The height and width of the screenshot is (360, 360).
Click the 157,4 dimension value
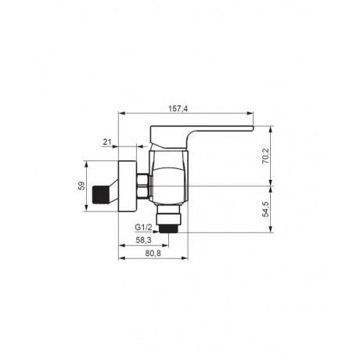pyautogui.click(x=178, y=108)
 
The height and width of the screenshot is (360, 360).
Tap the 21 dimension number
pyautogui.click(x=107, y=142)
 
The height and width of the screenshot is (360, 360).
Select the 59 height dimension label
pyautogui.click(x=82, y=185)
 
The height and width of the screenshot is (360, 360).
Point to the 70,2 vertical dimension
pyautogui.click(x=265, y=156)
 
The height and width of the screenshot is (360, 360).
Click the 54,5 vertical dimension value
pyautogui.click(x=265, y=209)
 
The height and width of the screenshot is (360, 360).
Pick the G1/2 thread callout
pyautogui.click(x=143, y=227)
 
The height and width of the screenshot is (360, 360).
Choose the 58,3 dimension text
pyautogui.click(x=143, y=240)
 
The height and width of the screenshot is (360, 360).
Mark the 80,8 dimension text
pyautogui.click(x=153, y=253)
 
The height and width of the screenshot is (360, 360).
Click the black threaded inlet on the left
pyautogui.click(x=99, y=193)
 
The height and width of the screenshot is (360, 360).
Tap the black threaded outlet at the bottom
pyautogui.click(x=168, y=228)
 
